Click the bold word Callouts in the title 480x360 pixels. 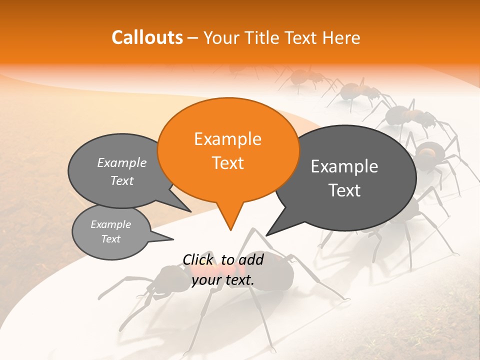(x=147, y=37)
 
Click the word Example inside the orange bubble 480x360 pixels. (x=228, y=139)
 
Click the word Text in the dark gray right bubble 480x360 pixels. (x=344, y=190)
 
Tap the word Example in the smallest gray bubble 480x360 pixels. (x=110, y=224)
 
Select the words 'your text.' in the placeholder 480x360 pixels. (x=222, y=280)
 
